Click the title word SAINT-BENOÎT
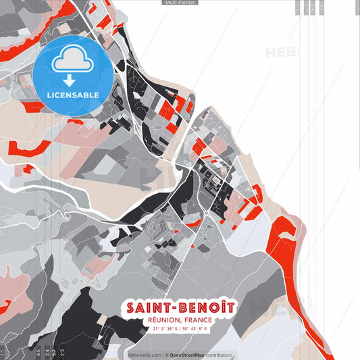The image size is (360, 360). tap(180, 308)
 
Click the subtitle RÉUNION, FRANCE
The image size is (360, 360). tap(180, 320)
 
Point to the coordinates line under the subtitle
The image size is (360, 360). tap(180, 329)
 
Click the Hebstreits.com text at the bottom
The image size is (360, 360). tap(145, 355)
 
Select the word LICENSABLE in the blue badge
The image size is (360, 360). tap(72, 94)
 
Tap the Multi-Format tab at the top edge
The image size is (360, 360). tap(180, 3)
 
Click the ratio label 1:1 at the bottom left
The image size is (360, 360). tap(3, 353)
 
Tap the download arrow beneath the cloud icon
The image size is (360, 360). tap(72, 79)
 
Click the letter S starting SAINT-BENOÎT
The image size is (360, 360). tap(130, 308)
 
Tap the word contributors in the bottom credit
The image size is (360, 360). tap(217, 355)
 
